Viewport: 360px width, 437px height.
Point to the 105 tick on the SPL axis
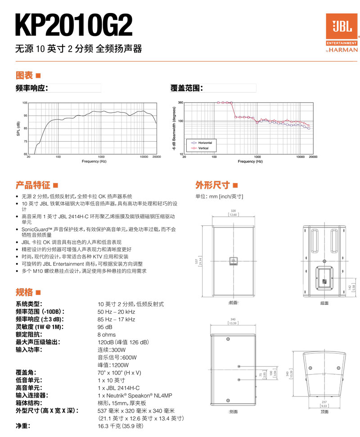point(25,103)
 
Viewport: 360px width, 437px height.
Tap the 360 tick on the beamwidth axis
point(180,103)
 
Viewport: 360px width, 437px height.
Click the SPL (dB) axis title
point(18,129)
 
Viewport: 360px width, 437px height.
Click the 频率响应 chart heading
point(31,88)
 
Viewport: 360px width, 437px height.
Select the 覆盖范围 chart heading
point(187,88)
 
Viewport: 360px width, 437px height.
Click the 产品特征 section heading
point(33,185)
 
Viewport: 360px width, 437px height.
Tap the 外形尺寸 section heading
point(212,185)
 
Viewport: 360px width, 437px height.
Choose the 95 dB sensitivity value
point(105,327)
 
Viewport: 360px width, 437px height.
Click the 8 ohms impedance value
point(107,334)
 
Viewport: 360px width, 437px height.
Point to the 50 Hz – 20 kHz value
point(116,312)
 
